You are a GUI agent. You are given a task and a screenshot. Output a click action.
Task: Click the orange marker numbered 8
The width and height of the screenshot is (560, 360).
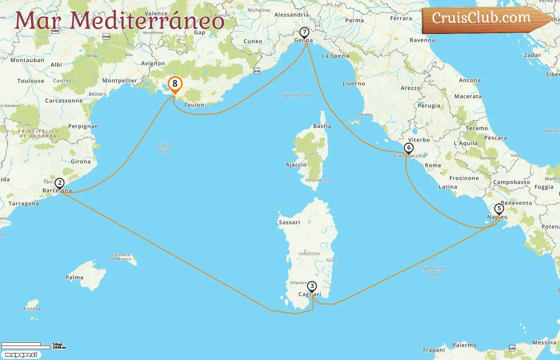click(175, 84)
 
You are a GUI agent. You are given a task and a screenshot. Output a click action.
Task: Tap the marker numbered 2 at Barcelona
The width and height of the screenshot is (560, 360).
click(60, 184)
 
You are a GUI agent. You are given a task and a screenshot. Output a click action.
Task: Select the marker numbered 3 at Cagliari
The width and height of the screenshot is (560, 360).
click(312, 286)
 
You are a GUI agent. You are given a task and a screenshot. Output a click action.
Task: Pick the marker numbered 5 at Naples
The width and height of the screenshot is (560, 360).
click(499, 209)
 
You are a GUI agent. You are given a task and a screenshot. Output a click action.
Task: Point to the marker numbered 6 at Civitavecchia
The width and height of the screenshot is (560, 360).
click(408, 148)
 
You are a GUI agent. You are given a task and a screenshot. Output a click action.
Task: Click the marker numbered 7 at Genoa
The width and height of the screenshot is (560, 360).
click(304, 32)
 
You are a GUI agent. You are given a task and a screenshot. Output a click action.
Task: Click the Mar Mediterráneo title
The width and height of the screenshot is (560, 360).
click(119, 20)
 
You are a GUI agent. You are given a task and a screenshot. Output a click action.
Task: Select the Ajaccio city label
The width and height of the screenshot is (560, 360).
click(296, 165)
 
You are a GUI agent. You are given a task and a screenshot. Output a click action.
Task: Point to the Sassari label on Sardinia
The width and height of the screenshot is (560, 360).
click(289, 222)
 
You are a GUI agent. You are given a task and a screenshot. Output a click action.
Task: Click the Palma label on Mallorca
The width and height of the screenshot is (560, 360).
click(74, 278)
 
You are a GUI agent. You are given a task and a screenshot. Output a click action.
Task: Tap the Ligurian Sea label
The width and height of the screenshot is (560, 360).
click(296, 95)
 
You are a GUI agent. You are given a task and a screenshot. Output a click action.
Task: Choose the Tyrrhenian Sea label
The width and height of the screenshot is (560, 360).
click(433, 271)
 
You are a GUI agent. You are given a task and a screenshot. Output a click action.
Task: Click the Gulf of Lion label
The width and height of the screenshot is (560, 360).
click(164, 148)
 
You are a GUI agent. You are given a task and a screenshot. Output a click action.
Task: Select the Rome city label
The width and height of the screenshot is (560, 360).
click(433, 165)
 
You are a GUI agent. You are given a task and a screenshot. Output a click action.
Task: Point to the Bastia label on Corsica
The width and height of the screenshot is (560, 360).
click(322, 126)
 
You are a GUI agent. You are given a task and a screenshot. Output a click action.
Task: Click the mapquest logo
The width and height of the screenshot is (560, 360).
click(21, 355)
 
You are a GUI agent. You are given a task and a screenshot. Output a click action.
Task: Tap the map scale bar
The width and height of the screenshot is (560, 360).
click(26, 345)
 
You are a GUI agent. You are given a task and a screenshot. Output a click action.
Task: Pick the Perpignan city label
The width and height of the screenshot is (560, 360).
click(83, 126)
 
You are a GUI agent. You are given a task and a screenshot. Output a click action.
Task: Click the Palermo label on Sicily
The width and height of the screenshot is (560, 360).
click(464, 345)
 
